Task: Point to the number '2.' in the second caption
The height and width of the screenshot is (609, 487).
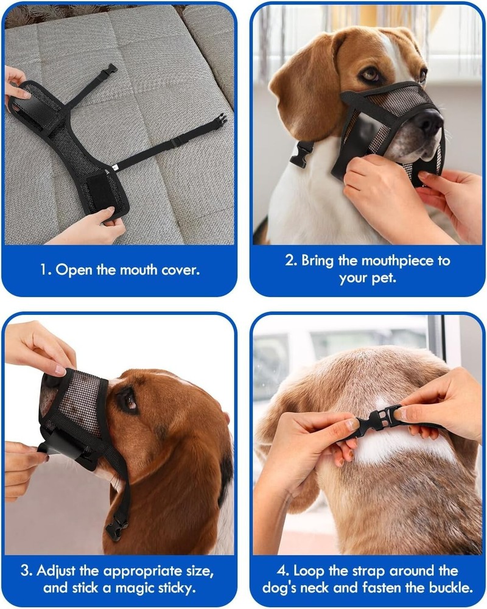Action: click(291, 261)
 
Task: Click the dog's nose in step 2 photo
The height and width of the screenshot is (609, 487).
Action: click(430, 122)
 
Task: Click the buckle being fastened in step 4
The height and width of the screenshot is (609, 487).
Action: click(377, 420)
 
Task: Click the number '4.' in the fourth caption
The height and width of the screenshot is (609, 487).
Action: click(284, 571)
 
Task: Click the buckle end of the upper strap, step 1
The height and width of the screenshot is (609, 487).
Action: click(110, 68)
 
